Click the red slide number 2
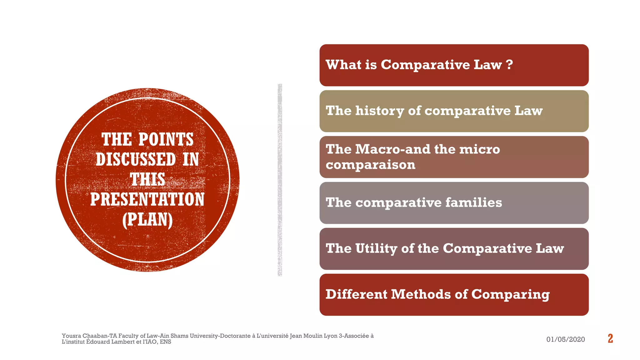point(610,338)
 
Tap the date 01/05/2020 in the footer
point(565,339)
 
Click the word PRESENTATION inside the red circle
point(147,199)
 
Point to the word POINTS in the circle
point(166,139)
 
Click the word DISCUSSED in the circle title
point(136,159)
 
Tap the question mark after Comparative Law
point(509,65)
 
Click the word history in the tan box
point(380,111)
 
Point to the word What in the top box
point(343,65)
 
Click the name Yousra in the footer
point(71,336)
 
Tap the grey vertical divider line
point(280,180)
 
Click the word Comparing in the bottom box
point(510,295)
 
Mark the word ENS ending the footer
point(166,342)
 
